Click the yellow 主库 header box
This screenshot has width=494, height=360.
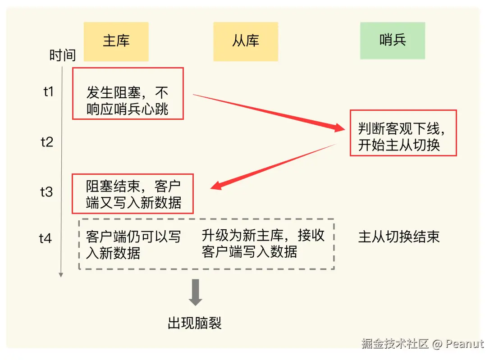tap(116, 41)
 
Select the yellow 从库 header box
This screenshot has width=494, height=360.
tap(246, 41)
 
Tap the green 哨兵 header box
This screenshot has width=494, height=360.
tap(392, 41)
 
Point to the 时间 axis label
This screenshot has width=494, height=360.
tap(62, 55)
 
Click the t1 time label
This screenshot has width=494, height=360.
tap(48, 92)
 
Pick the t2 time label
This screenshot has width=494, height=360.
tap(47, 142)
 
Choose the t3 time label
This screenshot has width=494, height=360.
tap(46, 192)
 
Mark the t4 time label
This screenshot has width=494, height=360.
tap(46, 238)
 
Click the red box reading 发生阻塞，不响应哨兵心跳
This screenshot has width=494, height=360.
tap(128, 93)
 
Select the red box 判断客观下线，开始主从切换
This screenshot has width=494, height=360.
tap(403, 133)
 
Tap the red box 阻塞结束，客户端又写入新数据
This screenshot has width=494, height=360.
tap(133, 194)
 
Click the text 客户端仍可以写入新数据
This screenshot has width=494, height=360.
tap(133, 245)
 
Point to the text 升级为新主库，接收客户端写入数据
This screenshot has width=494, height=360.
tap(263, 244)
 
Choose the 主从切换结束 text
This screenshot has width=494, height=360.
tap(398, 237)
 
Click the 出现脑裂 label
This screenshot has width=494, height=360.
tap(195, 323)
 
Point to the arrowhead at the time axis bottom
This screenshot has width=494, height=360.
tap(61, 274)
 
